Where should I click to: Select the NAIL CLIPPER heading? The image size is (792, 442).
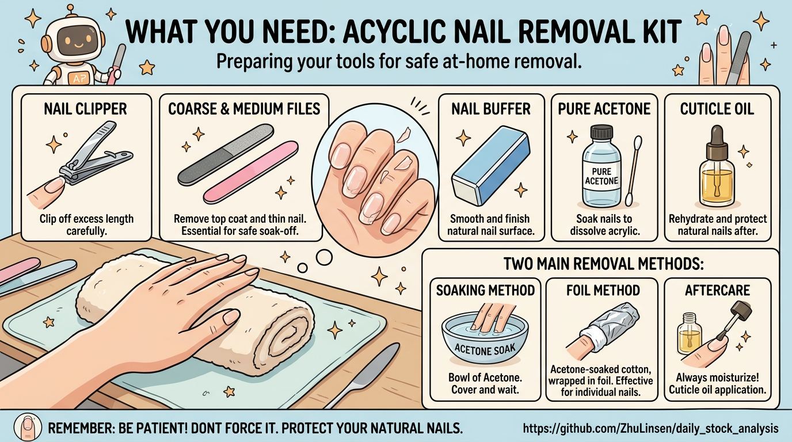(85, 109)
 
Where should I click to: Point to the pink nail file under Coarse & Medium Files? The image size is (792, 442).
(251, 172)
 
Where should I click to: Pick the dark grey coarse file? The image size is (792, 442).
(226, 154)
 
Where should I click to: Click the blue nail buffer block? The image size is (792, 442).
(491, 165)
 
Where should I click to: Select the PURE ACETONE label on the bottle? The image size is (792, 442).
(601, 176)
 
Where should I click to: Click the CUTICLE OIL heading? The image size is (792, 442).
(717, 109)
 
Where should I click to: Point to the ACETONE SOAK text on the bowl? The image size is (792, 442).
(485, 349)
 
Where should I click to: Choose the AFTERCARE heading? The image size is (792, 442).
(717, 290)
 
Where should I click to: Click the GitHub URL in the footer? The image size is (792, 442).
(650, 429)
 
